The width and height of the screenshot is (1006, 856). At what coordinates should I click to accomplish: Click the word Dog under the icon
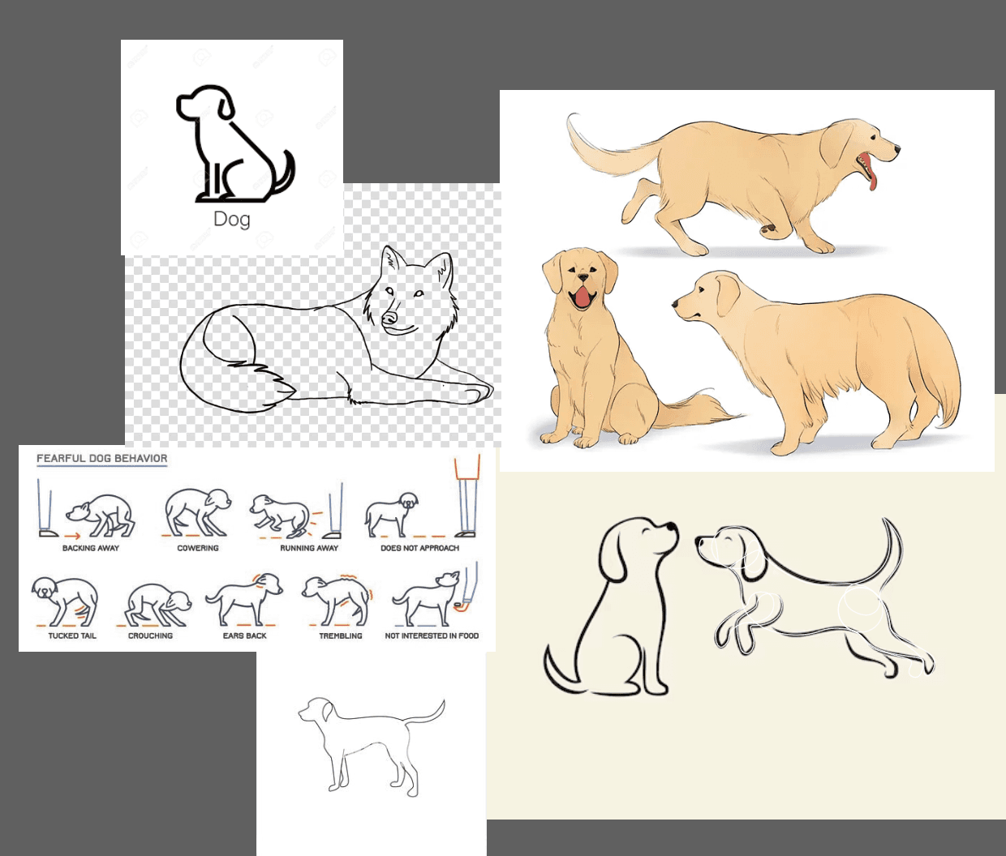(x=232, y=220)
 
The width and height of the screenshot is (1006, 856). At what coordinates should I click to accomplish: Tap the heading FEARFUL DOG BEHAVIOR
(x=102, y=458)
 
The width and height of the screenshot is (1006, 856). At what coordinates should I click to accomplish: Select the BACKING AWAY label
(x=91, y=548)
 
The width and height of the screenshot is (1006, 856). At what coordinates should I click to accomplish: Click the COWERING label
(x=198, y=548)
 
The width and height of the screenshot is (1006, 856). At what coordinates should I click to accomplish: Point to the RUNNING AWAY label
(x=309, y=548)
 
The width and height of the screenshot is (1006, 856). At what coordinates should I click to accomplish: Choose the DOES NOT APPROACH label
(x=420, y=548)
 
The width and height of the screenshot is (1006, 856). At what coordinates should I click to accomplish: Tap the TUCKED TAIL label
(x=72, y=636)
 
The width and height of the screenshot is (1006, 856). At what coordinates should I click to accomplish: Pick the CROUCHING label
(x=150, y=636)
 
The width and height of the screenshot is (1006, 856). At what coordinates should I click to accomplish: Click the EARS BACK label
(x=245, y=636)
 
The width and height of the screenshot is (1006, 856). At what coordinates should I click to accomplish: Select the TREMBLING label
(x=341, y=636)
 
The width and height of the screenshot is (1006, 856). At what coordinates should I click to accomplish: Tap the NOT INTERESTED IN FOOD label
(x=432, y=636)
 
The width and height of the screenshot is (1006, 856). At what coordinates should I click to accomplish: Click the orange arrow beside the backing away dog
(x=72, y=536)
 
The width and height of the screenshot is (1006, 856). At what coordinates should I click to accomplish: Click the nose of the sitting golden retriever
(x=583, y=278)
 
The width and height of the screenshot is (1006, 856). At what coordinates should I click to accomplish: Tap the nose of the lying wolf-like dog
(x=389, y=319)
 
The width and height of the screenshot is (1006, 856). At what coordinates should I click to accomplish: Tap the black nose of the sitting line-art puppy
(x=671, y=528)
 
